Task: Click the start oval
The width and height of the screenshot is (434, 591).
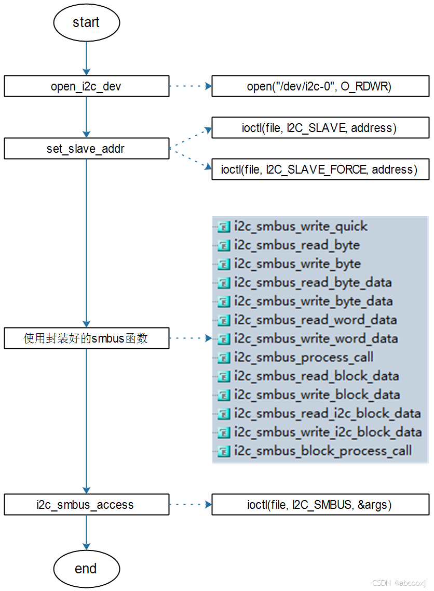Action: tap(86, 22)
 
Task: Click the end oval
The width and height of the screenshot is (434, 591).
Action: tap(86, 568)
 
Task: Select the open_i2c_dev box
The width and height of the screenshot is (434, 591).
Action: tap(86, 86)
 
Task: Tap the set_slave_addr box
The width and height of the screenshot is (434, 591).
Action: tap(86, 149)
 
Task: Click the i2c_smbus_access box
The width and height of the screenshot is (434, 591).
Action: tap(86, 505)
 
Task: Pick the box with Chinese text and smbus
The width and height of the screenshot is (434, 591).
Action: tap(86, 338)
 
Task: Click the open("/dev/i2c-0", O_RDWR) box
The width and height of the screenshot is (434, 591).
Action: tap(320, 86)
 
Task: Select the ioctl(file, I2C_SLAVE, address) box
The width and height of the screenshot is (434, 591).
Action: tap(320, 127)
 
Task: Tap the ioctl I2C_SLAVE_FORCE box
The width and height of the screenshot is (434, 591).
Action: tap(320, 169)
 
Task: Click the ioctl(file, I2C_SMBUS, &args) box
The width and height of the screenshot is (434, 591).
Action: tap(320, 505)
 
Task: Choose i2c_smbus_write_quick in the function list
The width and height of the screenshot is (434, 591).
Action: tap(301, 227)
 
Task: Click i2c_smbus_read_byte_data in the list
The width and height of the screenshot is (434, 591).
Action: tap(313, 283)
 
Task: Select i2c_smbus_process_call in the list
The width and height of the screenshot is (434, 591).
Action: tap(304, 358)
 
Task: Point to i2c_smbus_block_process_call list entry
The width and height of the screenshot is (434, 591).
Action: tap(323, 451)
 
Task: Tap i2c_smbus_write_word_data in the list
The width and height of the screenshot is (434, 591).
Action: tap(316, 339)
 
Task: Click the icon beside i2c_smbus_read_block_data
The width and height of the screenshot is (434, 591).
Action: tap(224, 376)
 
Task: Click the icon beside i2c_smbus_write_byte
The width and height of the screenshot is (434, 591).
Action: tap(224, 264)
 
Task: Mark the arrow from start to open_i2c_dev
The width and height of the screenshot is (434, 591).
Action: tap(86, 59)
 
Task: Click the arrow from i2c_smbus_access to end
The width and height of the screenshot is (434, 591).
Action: tap(86, 533)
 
